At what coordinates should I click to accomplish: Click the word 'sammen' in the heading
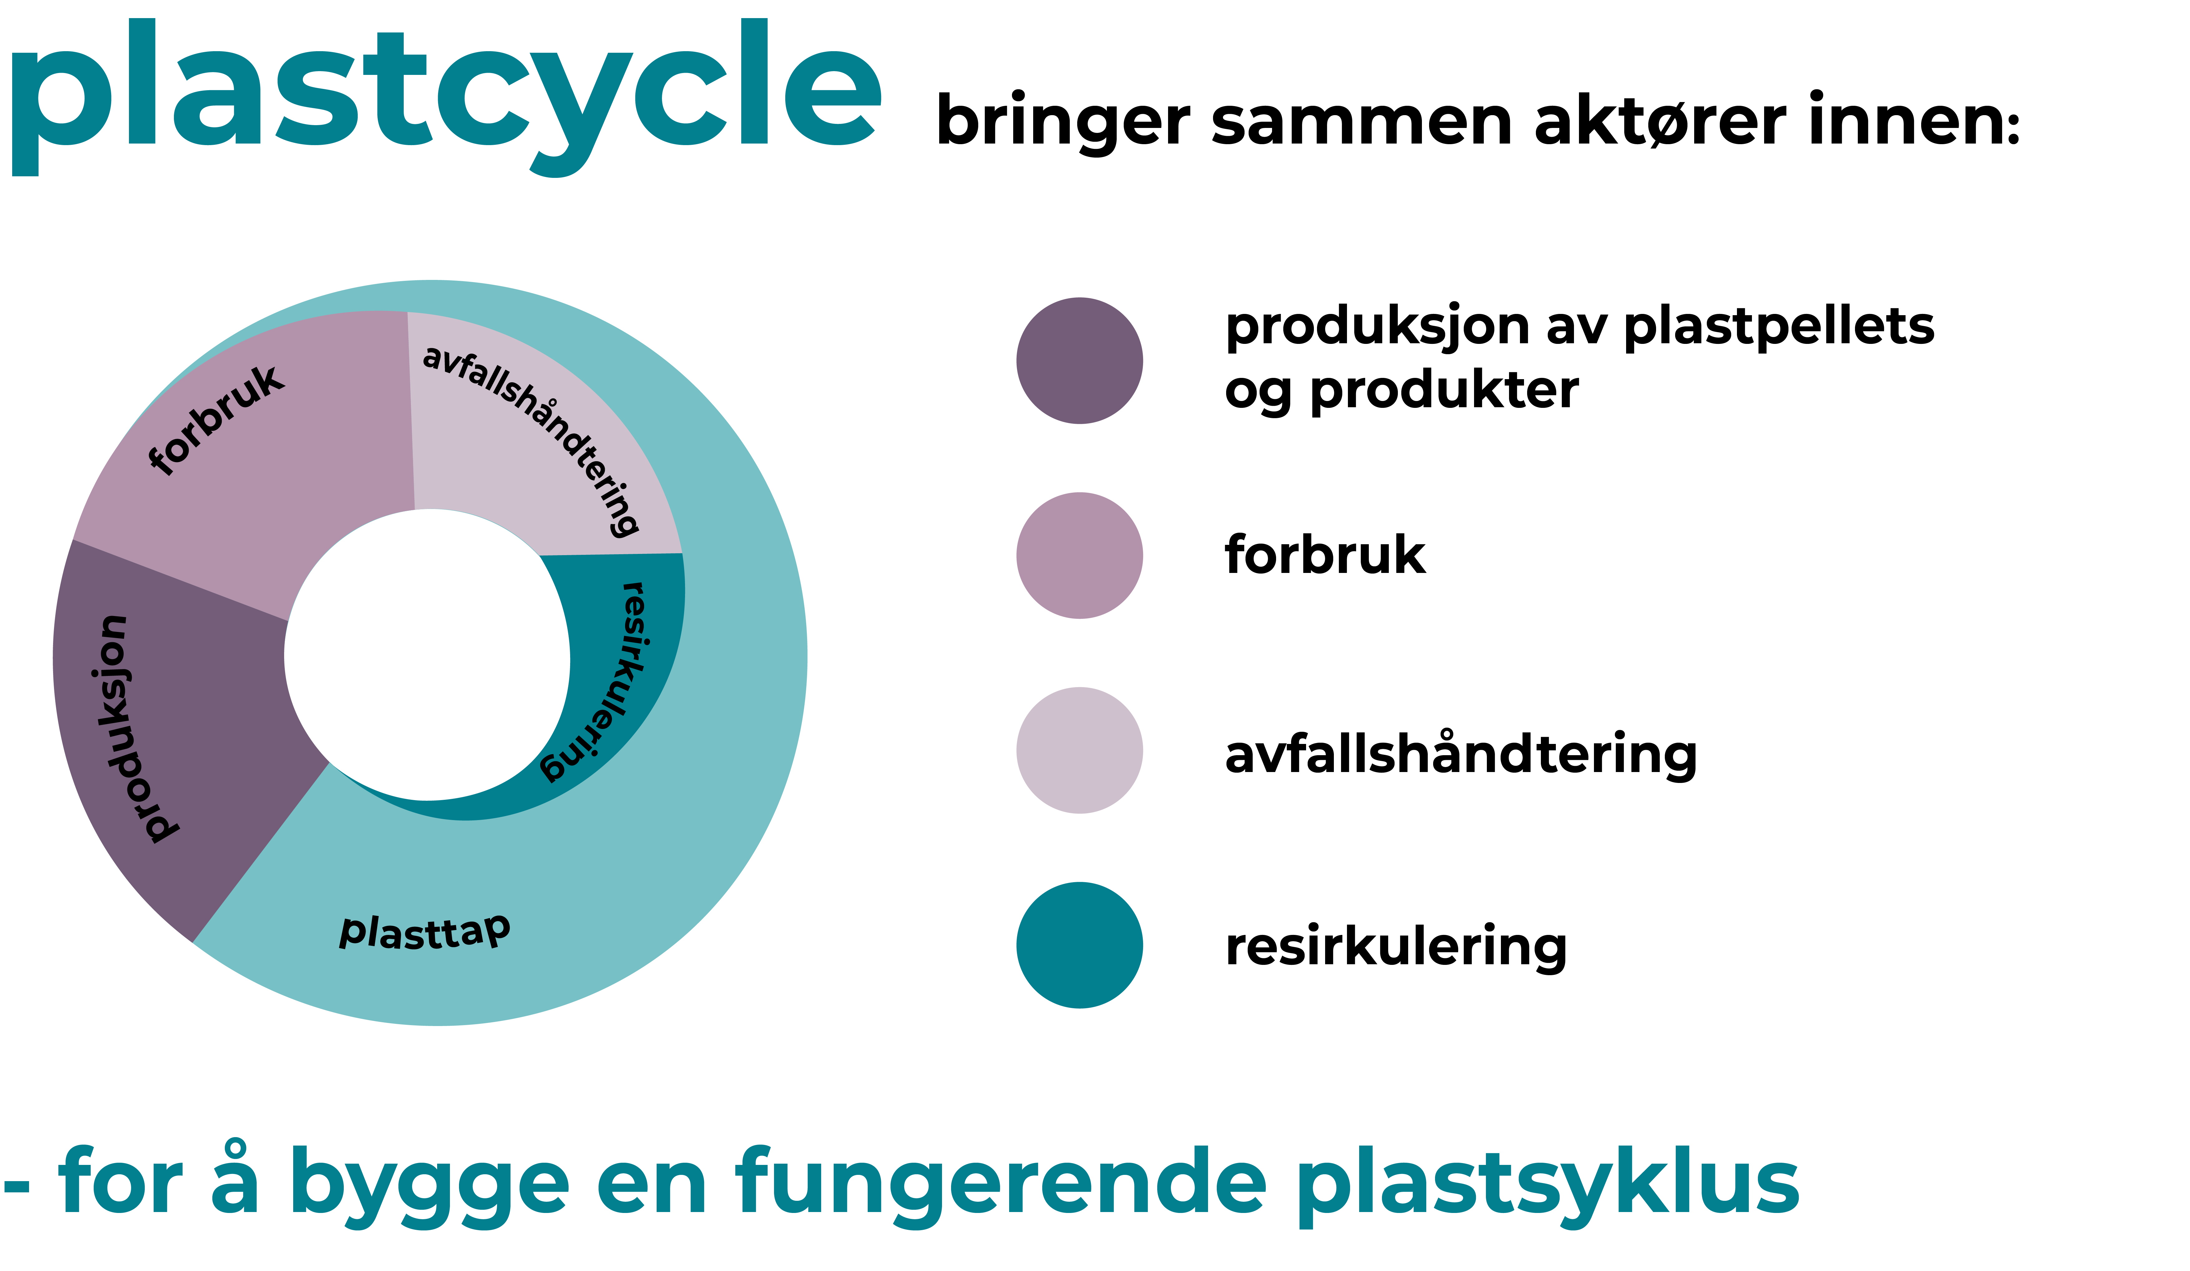pyautogui.click(x=1362, y=123)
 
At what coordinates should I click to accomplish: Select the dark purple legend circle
pyautogui.click(x=1079, y=360)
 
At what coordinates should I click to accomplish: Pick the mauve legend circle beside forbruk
pyautogui.click(x=1079, y=555)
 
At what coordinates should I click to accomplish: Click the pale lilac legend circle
pyautogui.click(x=1079, y=750)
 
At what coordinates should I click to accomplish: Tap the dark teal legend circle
pyautogui.click(x=1079, y=945)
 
